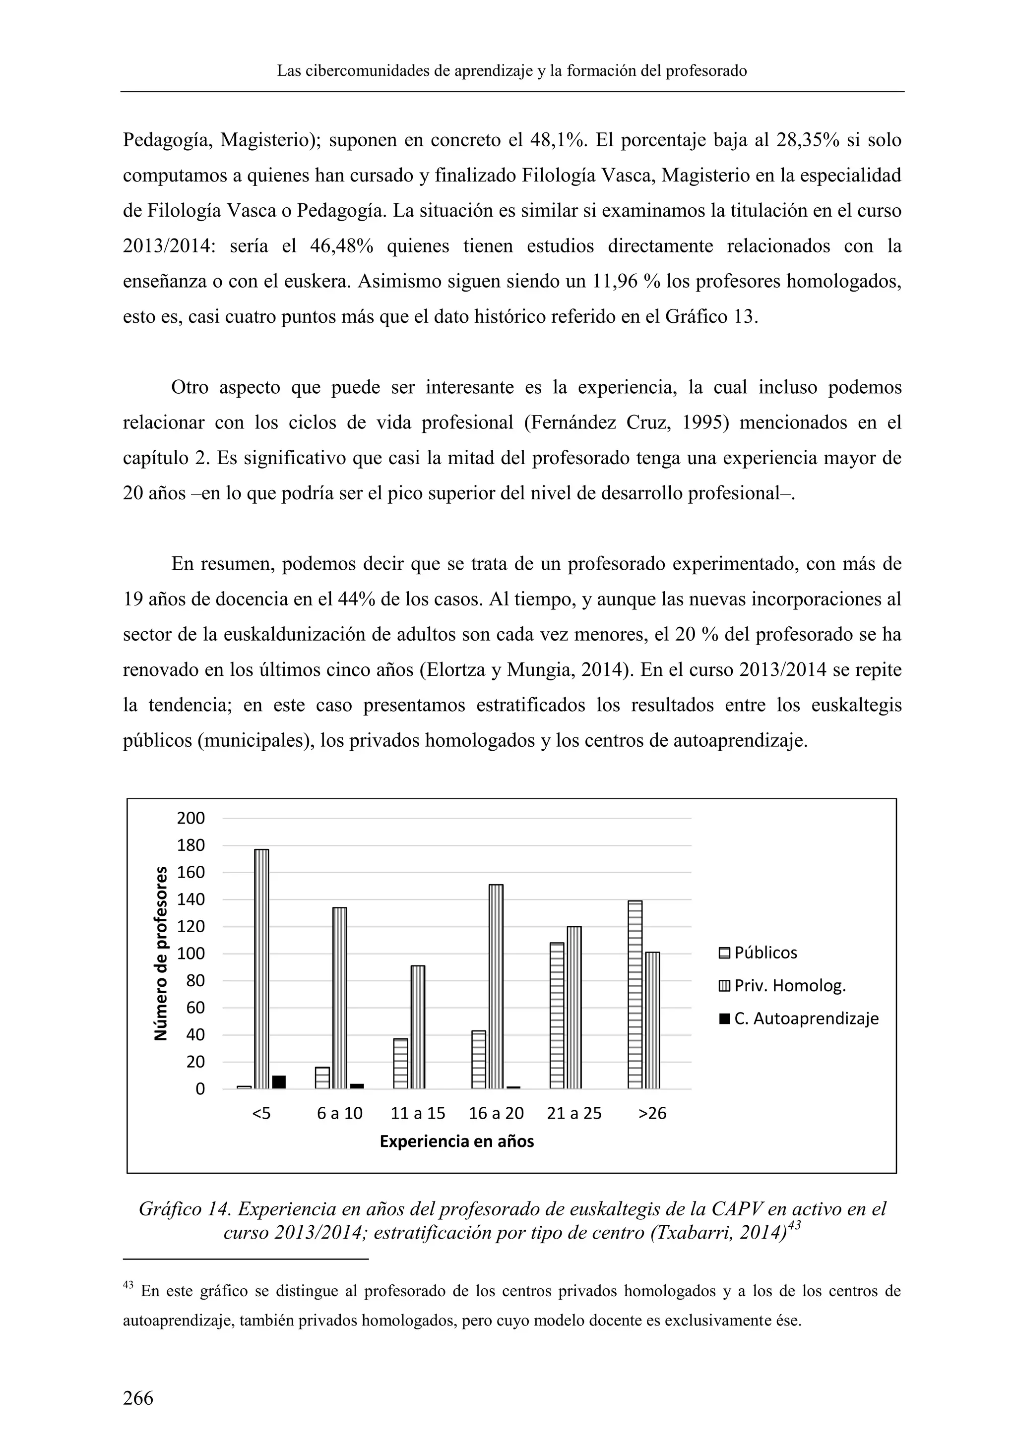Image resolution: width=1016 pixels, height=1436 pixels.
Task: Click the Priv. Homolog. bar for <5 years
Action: [261, 969]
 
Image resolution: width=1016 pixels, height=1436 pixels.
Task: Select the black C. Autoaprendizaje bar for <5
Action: [279, 1082]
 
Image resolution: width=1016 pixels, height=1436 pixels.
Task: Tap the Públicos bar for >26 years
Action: [635, 995]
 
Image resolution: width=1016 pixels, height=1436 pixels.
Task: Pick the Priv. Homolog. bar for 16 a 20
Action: [496, 986]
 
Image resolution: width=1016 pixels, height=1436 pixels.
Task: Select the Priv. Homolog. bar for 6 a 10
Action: [340, 998]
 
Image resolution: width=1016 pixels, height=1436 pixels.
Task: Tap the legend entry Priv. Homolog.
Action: [789, 986]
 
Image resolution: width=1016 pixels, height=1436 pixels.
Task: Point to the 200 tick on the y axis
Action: [191, 818]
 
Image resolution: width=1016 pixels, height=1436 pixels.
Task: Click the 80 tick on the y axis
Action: [195, 981]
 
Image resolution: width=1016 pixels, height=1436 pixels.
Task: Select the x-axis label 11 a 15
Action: [418, 1113]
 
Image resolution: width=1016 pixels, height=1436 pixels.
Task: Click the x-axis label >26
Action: [652, 1113]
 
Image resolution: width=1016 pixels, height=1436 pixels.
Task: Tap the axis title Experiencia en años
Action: [457, 1141]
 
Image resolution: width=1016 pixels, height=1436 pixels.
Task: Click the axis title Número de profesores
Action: [161, 953]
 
